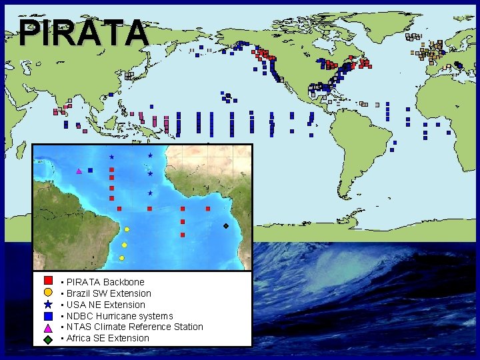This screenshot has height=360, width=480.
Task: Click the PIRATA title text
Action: (83, 32)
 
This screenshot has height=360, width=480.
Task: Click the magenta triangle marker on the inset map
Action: (79, 171)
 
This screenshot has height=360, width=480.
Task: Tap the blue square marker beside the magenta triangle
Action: (90, 170)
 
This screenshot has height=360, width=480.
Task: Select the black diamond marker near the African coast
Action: (226, 227)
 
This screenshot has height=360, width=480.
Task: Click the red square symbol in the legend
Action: (48, 281)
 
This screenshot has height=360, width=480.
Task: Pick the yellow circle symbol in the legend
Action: (48, 292)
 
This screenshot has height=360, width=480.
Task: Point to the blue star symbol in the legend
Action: (48, 303)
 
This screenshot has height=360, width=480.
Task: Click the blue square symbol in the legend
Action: (48, 315)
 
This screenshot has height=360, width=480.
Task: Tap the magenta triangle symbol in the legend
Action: (48, 327)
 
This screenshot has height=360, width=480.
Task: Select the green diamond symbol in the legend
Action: (48, 339)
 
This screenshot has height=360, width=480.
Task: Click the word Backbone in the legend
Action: (123, 282)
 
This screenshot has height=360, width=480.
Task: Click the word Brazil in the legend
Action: (79, 293)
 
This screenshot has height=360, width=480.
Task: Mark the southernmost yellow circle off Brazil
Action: (122, 258)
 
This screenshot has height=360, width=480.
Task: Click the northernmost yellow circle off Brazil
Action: (127, 229)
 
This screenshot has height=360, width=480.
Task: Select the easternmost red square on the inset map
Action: (208, 209)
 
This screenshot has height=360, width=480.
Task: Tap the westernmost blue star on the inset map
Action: (111, 156)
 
